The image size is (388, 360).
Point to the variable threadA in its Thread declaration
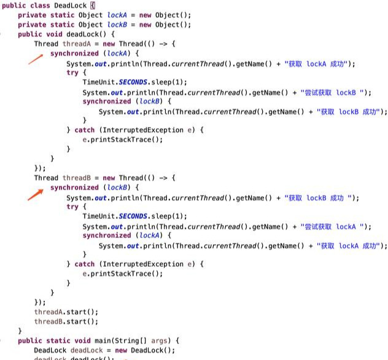[x=77, y=44]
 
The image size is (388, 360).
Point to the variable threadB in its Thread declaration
[x=77, y=178]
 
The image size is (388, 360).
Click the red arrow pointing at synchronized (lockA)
[x=36, y=59]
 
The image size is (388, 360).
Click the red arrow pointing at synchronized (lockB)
[x=36, y=194]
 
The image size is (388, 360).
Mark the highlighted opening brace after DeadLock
[x=93, y=6]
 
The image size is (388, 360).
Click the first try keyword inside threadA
[x=72, y=73]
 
